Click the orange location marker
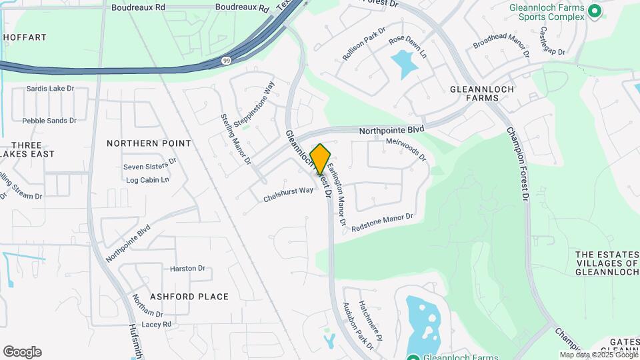click(x=320, y=159)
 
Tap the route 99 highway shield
click(x=227, y=61)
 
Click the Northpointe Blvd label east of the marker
click(x=391, y=131)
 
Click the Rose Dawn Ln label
click(x=407, y=45)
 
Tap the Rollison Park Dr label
click(x=364, y=45)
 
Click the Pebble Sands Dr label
click(x=49, y=121)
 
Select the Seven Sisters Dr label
click(x=149, y=164)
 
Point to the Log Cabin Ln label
click(x=147, y=180)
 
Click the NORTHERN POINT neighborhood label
click(x=149, y=143)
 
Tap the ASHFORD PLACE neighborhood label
click(x=180, y=297)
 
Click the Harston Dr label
click(x=187, y=269)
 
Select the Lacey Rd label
click(x=157, y=324)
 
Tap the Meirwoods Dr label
click(x=405, y=150)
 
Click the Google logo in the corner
click(x=22, y=352)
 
